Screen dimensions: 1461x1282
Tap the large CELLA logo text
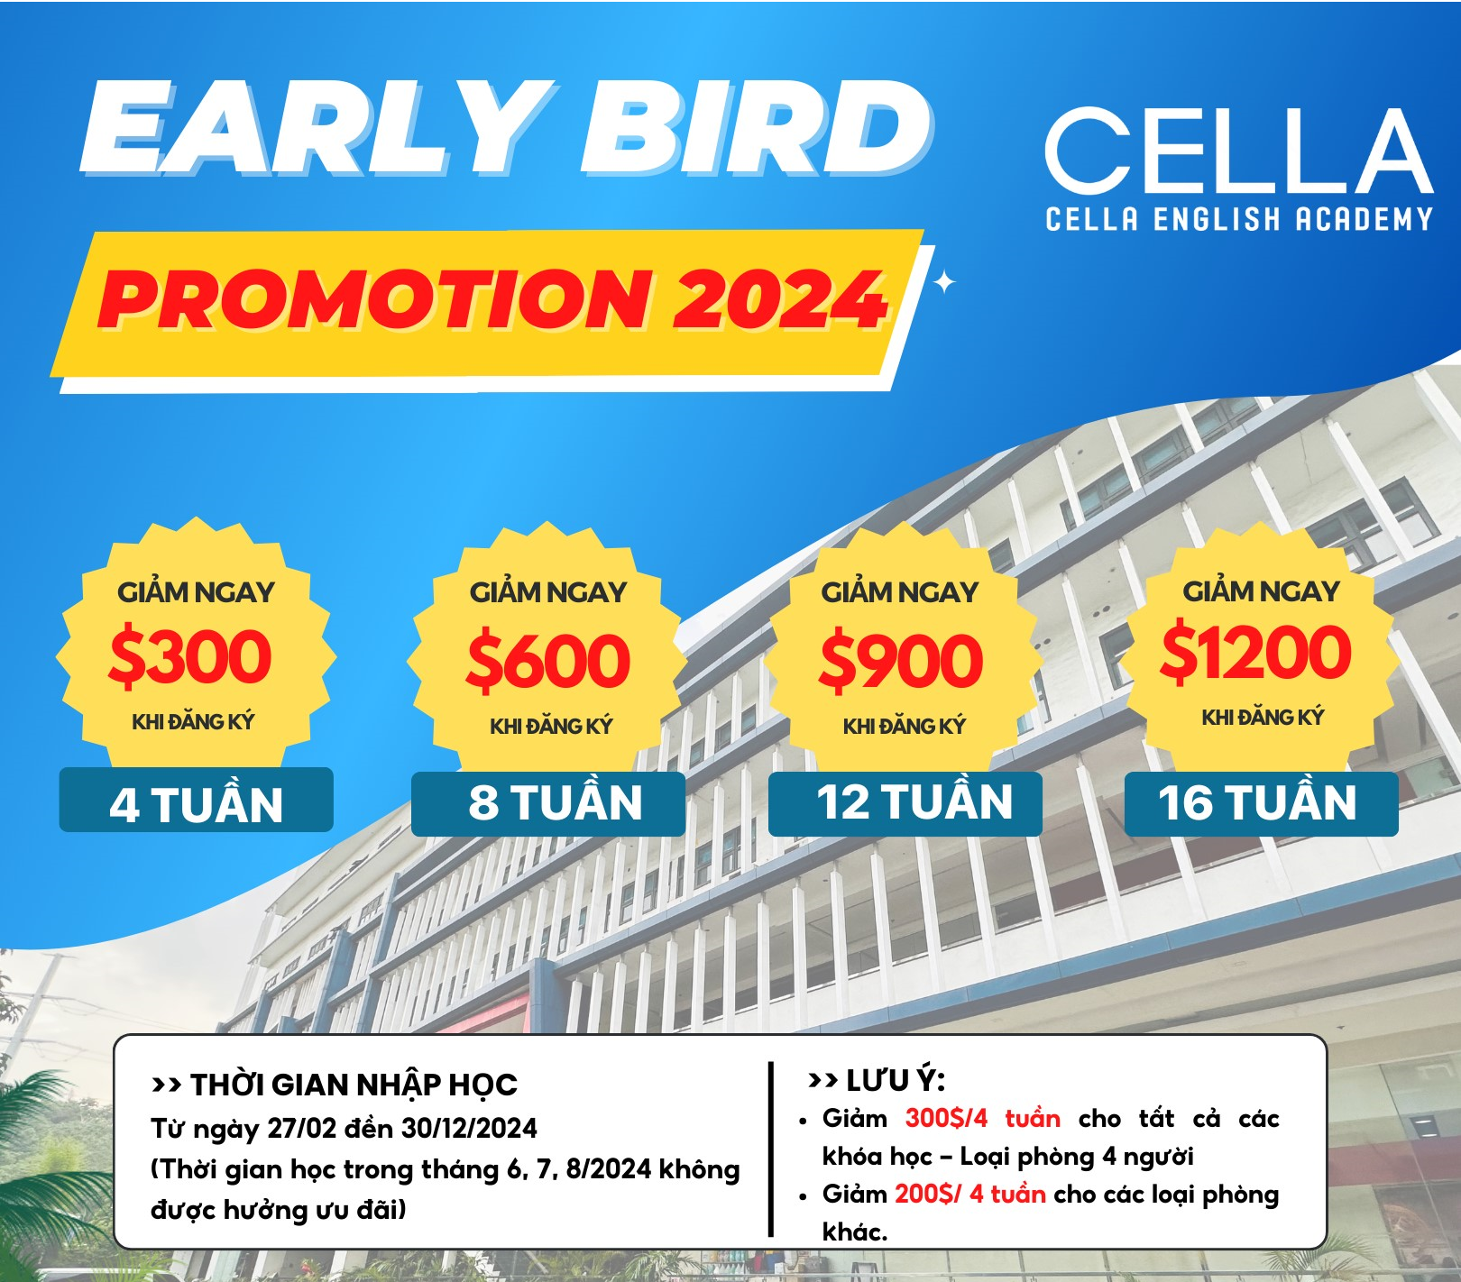pyautogui.click(x=1238, y=151)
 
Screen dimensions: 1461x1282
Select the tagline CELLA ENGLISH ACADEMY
pyautogui.click(x=1238, y=219)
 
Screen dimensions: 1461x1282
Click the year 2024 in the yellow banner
pyautogui.click(x=780, y=298)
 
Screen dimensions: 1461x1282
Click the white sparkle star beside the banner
pyautogui.click(x=944, y=283)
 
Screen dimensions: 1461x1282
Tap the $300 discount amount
pyautogui.click(x=190, y=655)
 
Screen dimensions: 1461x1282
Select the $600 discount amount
pyautogui.click(x=547, y=660)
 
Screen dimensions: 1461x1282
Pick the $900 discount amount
pyautogui.click(x=900, y=660)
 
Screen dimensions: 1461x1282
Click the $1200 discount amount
pyautogui.click(x=1256, y=652)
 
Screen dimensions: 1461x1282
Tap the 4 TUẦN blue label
pyautogui.click(x=196, y=800)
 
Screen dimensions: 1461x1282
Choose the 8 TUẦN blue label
pyautogui.click(x=548, y=803)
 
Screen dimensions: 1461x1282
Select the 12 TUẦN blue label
pyautogui.click(x=905, y=803)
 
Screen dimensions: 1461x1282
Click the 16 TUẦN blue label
pyautogui.click(x=1262, y=803)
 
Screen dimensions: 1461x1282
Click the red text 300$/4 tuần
pyautogui.click(x=982, y=1119)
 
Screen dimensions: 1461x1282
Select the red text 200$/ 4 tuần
pyautogui.click(x=969, y=1194)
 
